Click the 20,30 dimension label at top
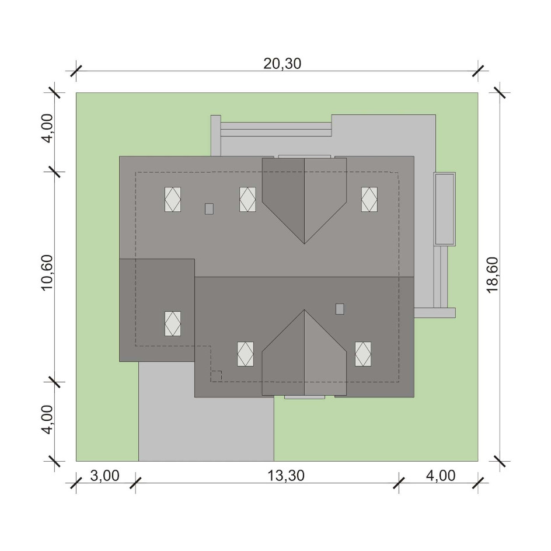point(282,64)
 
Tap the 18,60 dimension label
point(492,274)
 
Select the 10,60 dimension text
point(47,273)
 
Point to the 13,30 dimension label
point(285,476)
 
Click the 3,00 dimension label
point(104,476)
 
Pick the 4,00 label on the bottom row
point(441,476)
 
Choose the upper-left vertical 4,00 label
point(47,128)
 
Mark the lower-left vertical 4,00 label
point(47,420)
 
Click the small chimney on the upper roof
point(209,209)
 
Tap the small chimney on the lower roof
point(340,309)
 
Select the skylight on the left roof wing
point(173,323)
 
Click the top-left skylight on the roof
point(173,199)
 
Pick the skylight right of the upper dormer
point(369,199)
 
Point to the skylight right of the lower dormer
point(363,354)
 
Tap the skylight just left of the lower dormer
point(245,354)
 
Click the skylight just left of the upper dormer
point(247,199)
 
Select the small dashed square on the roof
point(216,376)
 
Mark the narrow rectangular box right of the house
point(445,209)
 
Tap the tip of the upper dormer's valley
point(304,243)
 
